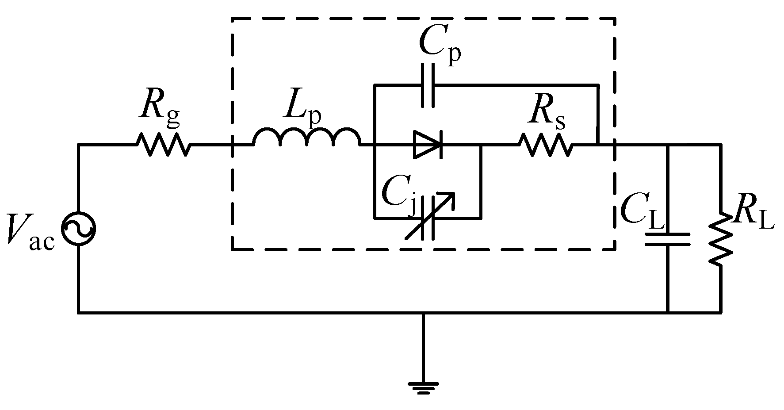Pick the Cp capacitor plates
[x=428, y=85]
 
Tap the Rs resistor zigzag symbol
[x=545, y=144]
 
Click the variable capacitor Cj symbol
[x=428, y=217]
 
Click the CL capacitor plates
[x=667, y=239]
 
